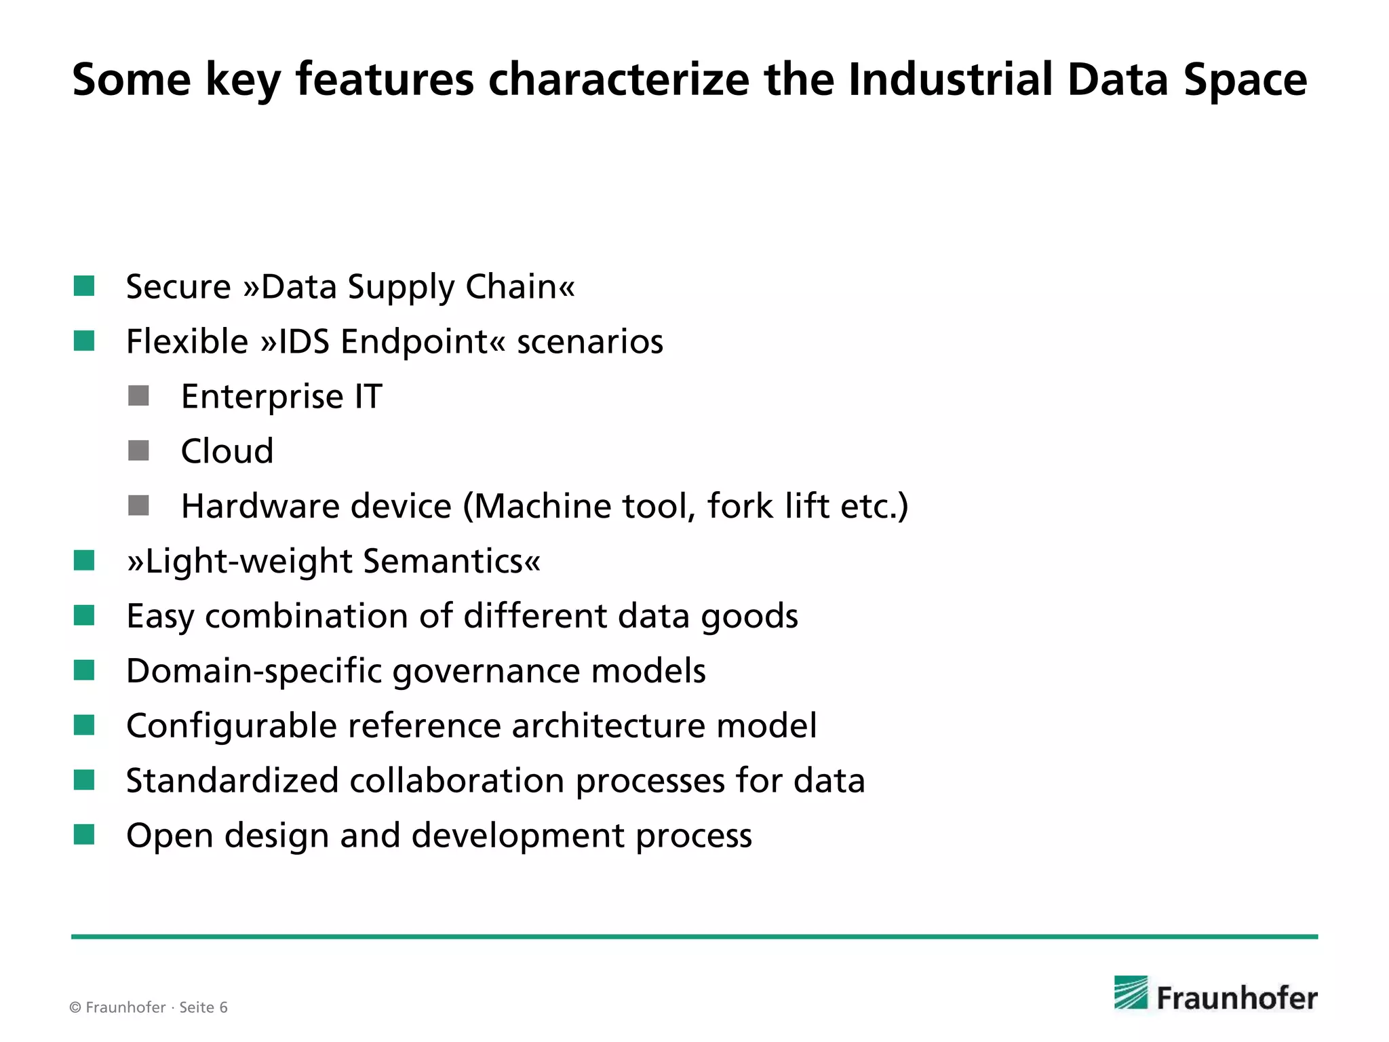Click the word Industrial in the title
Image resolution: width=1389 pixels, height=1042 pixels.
950,80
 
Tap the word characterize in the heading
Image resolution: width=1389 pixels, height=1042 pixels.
619,80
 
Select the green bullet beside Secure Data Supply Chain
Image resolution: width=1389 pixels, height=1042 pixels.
84,286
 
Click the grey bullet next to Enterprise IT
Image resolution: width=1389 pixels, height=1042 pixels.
138,396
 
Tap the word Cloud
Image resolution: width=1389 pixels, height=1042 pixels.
227,451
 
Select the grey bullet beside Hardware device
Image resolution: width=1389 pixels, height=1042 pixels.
138,506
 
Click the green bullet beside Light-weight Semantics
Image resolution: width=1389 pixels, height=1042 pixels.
84,561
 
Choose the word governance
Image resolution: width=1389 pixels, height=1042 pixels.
486,671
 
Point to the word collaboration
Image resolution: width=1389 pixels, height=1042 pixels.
456,780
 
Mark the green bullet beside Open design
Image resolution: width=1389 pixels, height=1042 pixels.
84,835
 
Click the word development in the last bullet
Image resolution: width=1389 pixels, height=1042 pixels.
517,835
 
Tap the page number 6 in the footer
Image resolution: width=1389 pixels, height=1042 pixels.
223,1007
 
